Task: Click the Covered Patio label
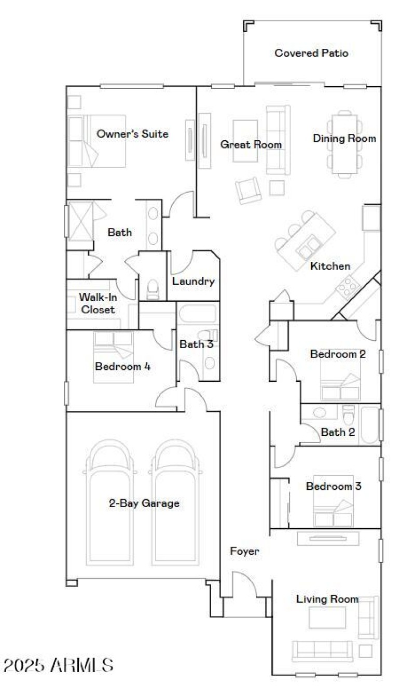[311, 53]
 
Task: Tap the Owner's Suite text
[132, 134]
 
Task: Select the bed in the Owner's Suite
[98, 141]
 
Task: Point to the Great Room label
[251, 144]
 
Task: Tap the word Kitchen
[330, 266]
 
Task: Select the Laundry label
[193, 282]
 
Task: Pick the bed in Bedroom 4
[114, 357]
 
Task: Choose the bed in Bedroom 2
[340, 382]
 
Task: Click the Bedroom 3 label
[334, 487]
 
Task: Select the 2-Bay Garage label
[144, 503]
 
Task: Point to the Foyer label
[244, 551]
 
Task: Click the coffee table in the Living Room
[327, 618]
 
